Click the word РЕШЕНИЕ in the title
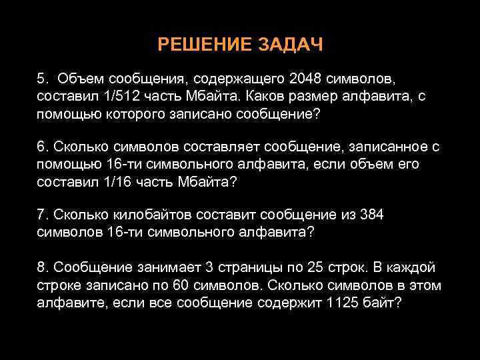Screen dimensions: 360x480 click(x=196, y=45)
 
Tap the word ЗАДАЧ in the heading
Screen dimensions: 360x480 click(x=289, y=45)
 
